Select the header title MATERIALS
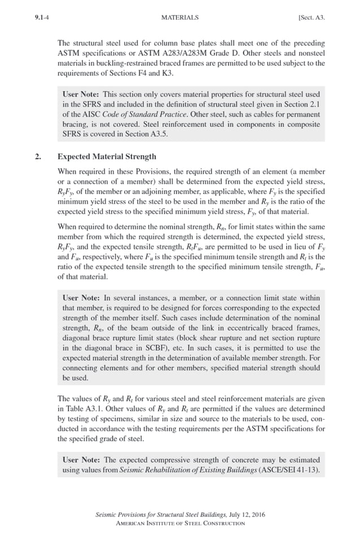pyautogui.click(x=179, y=17)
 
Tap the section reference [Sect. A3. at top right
pyautogui.click(x=311, y=17)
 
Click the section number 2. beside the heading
pyautogui.click(x=38, y=156)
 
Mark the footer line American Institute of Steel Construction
pyautogui.click(x=180, y=523)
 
